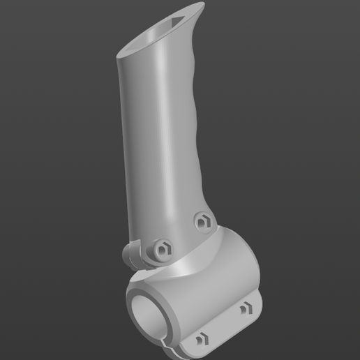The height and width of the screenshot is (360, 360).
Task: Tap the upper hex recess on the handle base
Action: [x=203, y=220]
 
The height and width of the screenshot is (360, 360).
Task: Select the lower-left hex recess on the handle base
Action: [x=163, y=248]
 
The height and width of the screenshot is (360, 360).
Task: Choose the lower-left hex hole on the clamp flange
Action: [x=202, y=340]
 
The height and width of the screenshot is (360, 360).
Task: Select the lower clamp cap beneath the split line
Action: [x=209, y=345]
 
